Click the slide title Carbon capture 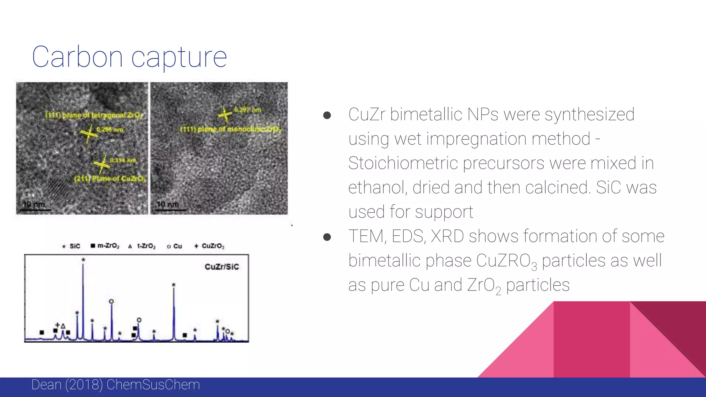click(x=129, y=57)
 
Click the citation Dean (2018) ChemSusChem click(x=115, y=385)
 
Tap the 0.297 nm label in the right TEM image click(x=248, y=110)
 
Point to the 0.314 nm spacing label click(x=123, y=161)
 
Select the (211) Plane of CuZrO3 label click(x=110, y=179)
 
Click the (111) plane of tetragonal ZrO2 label click(x=94, y=115)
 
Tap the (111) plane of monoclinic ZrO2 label click(x=231, y=130)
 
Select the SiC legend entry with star click(x=71, y=246)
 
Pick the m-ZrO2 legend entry click(x=105, y=246)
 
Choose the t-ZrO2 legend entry click(x=142, y=246)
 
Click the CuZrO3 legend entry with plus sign click(x=209, y=246)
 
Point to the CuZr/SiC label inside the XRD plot click(x=221, y=267)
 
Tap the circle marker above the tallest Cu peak click(x=111, y=302)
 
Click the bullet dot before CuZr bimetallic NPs click(x=327, y=115)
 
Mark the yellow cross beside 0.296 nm click(x=89, y=133)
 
